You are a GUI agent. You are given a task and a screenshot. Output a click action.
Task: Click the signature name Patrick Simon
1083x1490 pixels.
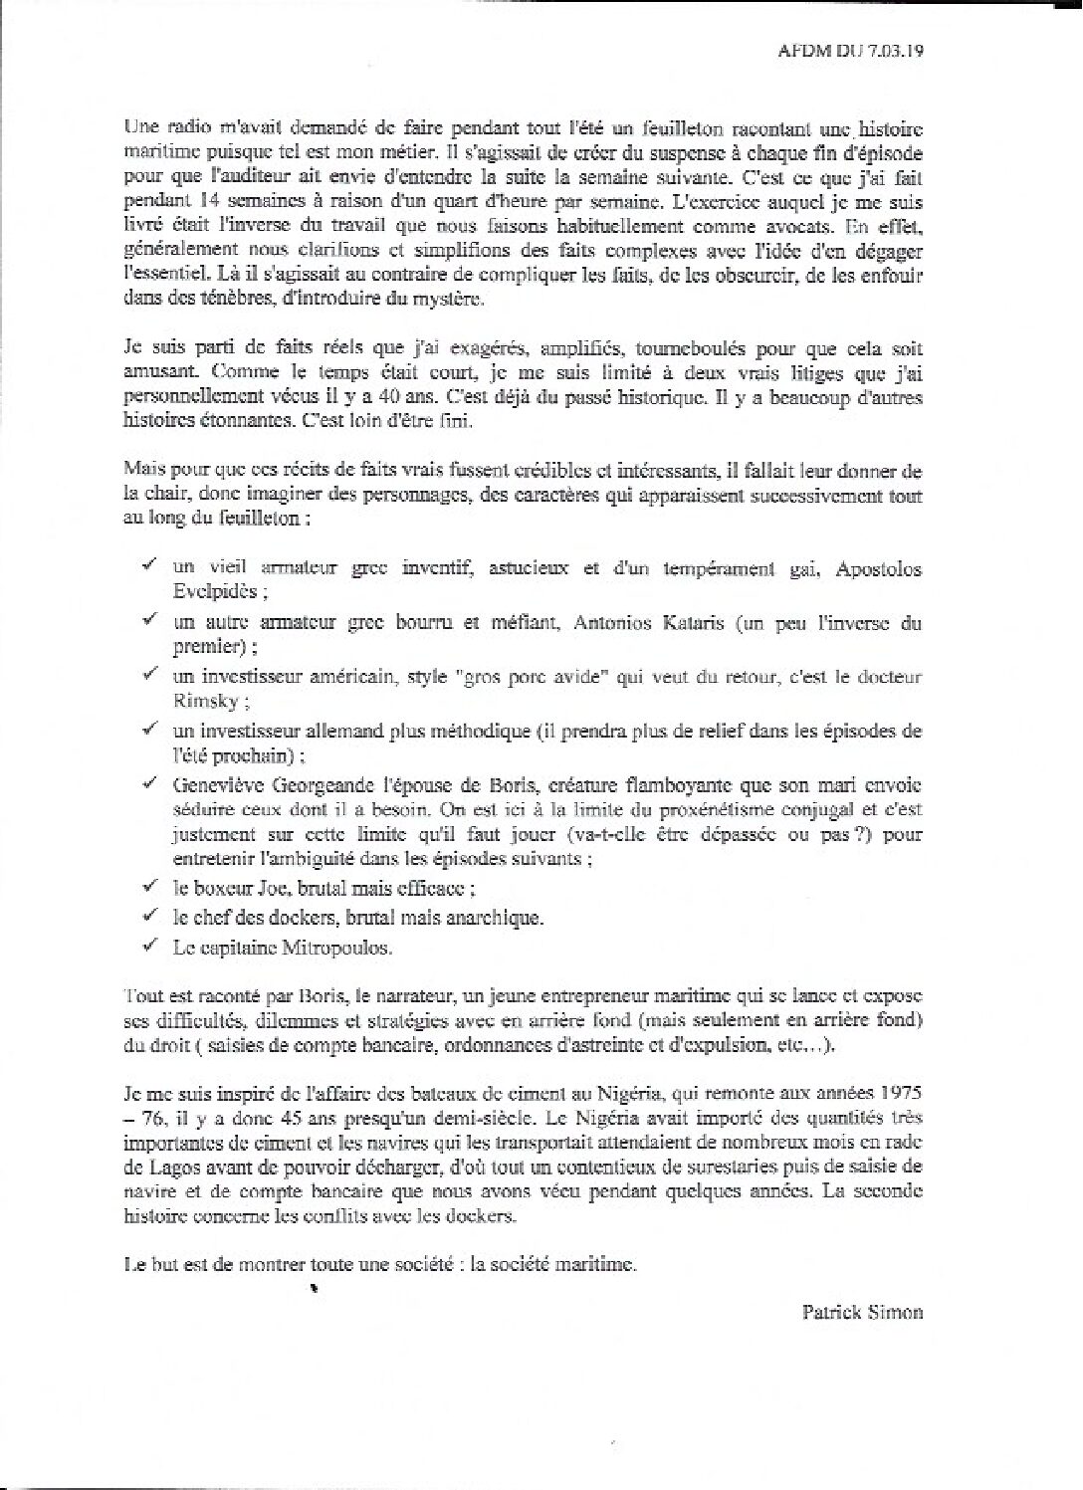[862, 1312]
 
